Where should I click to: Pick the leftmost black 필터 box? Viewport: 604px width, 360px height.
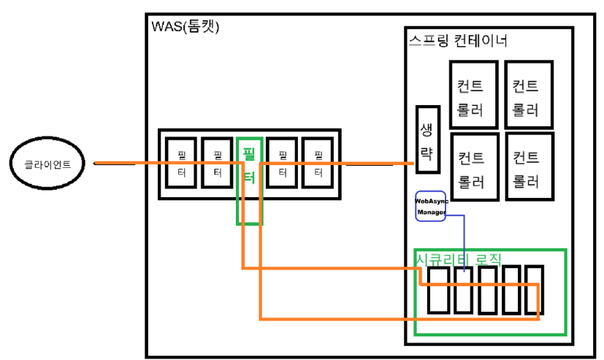pos(181,164)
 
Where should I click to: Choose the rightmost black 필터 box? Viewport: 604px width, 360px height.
pos(318,164)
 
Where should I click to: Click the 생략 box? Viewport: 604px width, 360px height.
pos(427,139)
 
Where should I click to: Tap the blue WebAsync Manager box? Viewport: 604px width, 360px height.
pos(430,206)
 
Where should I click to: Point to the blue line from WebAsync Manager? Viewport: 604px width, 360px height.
pos(465,241)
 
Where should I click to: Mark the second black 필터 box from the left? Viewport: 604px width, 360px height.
pos(217,164)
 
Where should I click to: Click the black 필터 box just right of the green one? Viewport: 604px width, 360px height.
pos(283,164)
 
